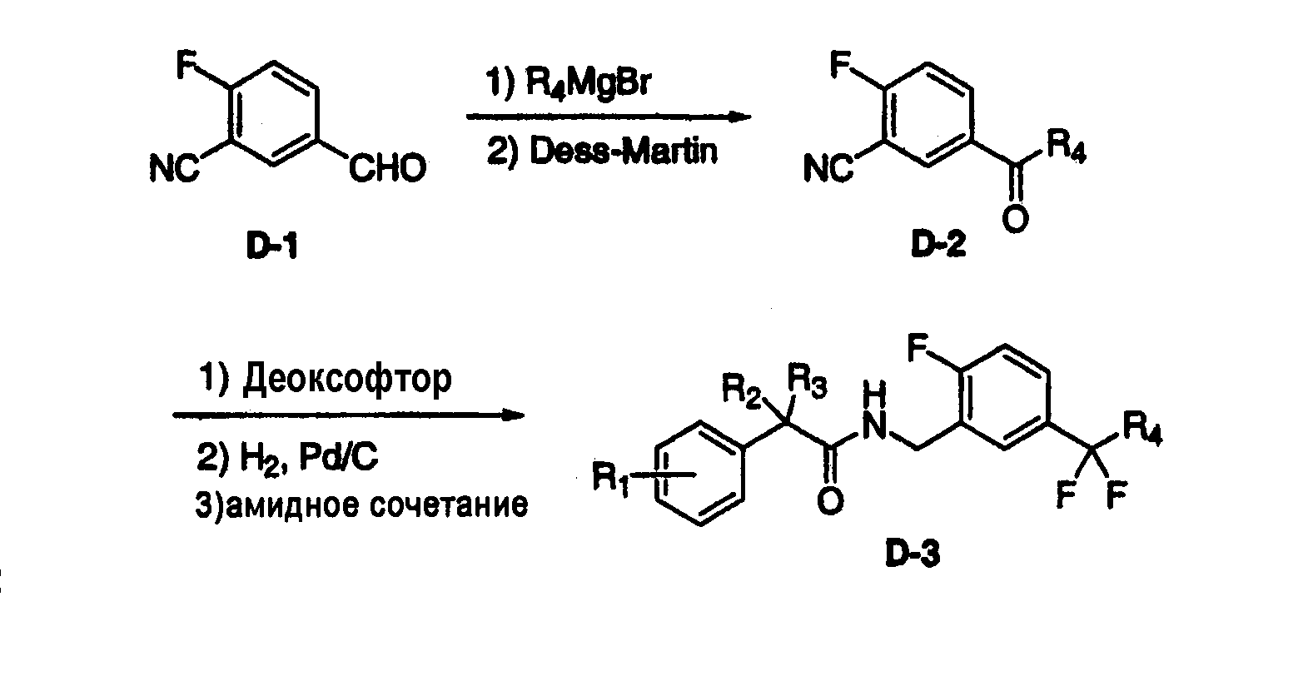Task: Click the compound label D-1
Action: tap(272, 246)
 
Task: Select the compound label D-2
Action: tap(938, 245)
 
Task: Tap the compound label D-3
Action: tap(913, 554)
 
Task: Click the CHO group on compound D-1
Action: tap(387, 168)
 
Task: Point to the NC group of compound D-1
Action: tap(174, 168)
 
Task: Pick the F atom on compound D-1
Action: tap(187, 65)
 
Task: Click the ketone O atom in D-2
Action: tap(1015, 219)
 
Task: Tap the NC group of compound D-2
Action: tap(828, 169)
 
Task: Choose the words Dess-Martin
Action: tap(623, 152)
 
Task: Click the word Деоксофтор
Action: tap(347, 380)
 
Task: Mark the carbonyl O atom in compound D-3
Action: tap(830, 502)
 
